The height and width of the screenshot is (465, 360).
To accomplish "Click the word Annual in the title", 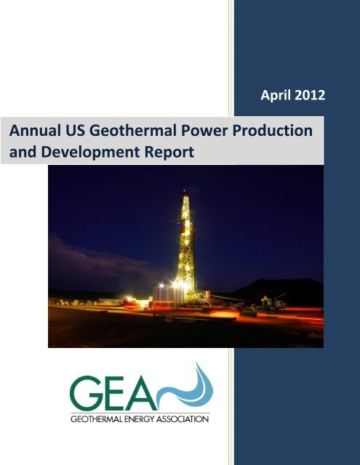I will (34, 132).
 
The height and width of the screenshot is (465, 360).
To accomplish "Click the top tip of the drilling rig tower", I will (185, 193).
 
